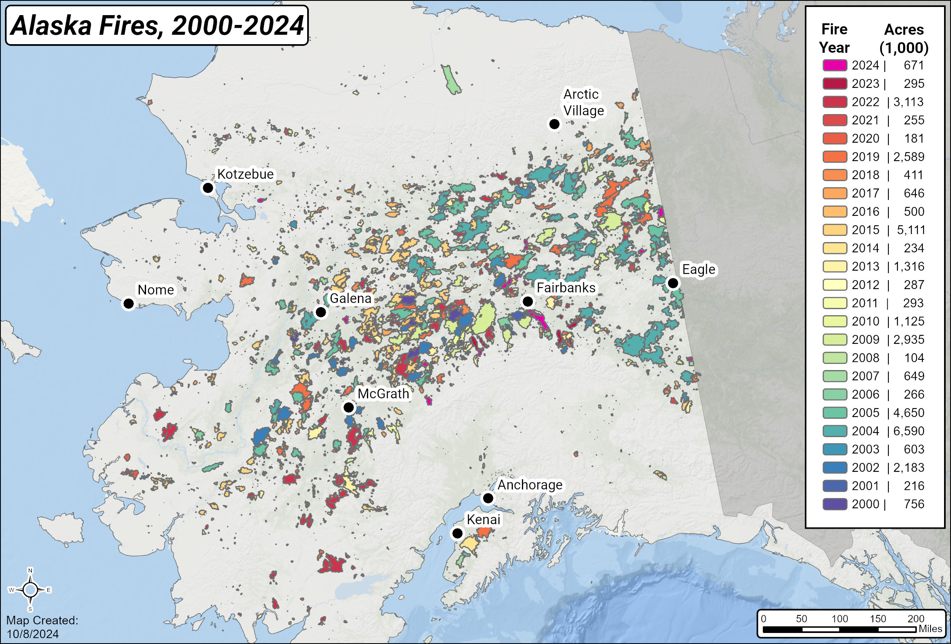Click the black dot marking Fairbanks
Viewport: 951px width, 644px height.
[528, 301]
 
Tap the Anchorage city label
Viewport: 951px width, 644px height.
[530, 485]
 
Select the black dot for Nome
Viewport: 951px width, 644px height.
[128, 303]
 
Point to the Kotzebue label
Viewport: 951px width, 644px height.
[245, 174]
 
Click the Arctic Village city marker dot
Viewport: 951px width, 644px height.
[554, 124]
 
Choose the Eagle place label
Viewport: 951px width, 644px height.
[699, 269]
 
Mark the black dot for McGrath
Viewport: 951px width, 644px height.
[348, 408]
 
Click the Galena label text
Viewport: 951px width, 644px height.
[350, 298]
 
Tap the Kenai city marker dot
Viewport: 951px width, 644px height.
[457, 534]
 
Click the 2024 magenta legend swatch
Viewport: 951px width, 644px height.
[834, 65]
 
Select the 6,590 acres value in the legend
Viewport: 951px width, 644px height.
[908, 431]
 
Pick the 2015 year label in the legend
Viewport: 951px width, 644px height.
[865, 230]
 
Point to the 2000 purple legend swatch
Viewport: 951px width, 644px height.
[834, 504]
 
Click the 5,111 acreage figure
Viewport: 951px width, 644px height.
[911, 230]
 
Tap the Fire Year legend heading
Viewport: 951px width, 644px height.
[834, 38]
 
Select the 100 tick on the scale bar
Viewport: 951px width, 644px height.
[839, 619]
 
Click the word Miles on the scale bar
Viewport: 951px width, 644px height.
[930, 629]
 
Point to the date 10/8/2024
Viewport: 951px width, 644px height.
[33, 634]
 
